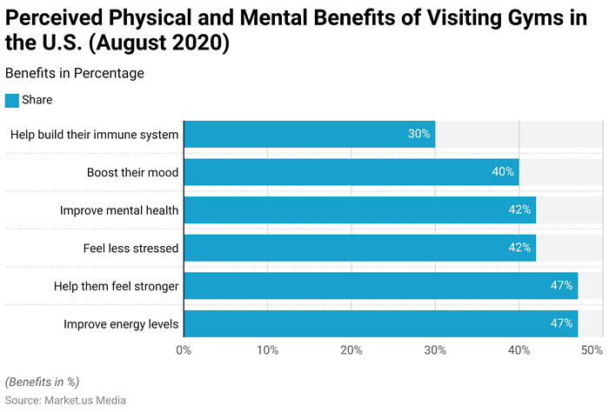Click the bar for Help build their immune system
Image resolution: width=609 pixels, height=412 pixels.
[309, 134]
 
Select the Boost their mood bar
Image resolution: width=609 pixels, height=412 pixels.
[351, 172]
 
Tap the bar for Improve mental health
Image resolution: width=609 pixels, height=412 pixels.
[359, 209]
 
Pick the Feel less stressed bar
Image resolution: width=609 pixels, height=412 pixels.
[359, 248]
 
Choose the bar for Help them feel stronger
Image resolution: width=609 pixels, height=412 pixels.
[380, 285]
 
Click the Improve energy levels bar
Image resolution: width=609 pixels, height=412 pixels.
[380, 323]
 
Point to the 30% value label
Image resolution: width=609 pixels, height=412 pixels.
[419, 134]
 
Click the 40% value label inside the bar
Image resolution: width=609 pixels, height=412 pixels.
[503, 172]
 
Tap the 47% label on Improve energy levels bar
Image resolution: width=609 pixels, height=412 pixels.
[561, 323]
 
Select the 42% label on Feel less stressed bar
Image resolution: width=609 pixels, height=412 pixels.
[519, 248]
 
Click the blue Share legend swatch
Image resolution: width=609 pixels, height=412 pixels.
[11, 100]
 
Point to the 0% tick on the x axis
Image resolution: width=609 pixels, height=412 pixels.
[184, 350]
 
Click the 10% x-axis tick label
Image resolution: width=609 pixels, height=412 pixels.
[267, 350]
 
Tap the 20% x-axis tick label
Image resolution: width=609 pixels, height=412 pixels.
[351, 350]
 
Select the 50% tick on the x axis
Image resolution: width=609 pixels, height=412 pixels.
[592, 350]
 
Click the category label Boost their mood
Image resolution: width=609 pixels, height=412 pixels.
[132, 172]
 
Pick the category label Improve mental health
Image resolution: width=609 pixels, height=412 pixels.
[119, 210]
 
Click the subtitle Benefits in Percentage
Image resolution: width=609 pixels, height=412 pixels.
[74, 73]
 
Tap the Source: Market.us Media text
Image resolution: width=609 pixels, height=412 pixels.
[65, 400]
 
